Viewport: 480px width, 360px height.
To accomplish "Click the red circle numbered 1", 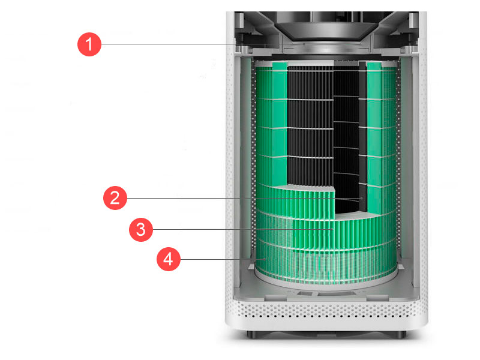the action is (89, 44).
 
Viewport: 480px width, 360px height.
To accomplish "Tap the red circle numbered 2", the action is (115, 198).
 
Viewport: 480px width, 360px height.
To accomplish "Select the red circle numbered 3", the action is (141, 229).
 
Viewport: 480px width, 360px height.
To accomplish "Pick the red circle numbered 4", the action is (169, 259).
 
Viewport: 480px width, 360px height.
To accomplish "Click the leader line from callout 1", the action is (202, 44).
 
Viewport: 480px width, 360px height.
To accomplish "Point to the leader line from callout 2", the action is (244, 198).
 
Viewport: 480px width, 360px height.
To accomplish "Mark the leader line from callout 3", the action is (242, 229).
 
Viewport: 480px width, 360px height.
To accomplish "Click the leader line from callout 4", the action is (222, 259).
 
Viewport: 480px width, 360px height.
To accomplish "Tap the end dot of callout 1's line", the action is (304, 44).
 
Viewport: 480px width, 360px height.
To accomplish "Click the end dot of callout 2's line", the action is (362, 198).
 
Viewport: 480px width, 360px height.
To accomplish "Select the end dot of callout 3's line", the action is (332, 229).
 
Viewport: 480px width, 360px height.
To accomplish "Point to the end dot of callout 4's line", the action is (265, 259).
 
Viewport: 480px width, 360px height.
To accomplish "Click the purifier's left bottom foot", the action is (253, 334).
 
